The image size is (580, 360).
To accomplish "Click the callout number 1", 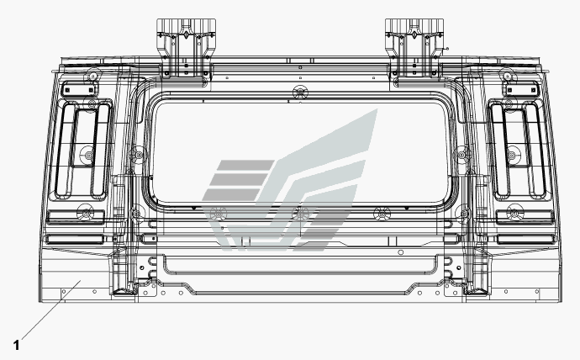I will [16, 343].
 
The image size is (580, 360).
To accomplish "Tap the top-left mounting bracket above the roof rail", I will [182, 46].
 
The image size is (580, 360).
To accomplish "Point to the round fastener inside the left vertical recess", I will [87, 156].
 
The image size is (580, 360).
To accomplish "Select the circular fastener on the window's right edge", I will [461, 154].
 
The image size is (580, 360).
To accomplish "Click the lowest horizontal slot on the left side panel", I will [75, 240].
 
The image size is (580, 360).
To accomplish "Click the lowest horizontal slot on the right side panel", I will [524, 240].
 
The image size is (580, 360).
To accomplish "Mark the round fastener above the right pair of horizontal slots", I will [514, 211].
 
